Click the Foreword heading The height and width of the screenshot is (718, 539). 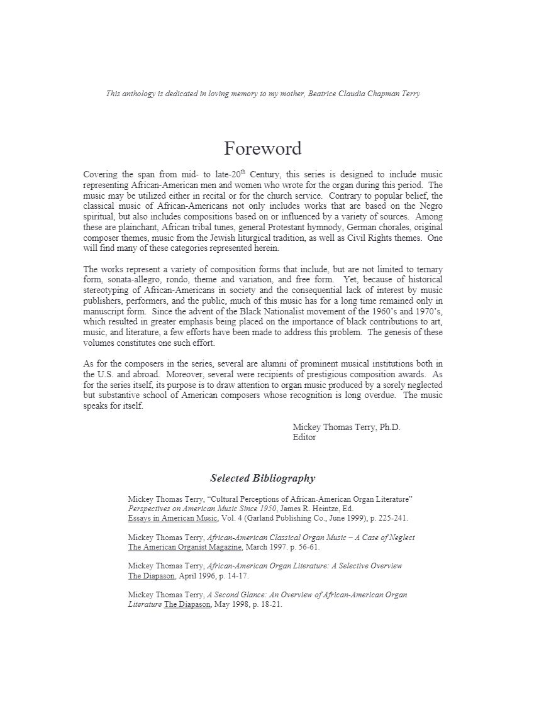[262, 149]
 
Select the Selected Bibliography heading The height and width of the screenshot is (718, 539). [262, 478]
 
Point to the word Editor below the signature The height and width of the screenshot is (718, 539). [304, 438]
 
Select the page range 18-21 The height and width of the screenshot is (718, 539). [268, 605]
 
